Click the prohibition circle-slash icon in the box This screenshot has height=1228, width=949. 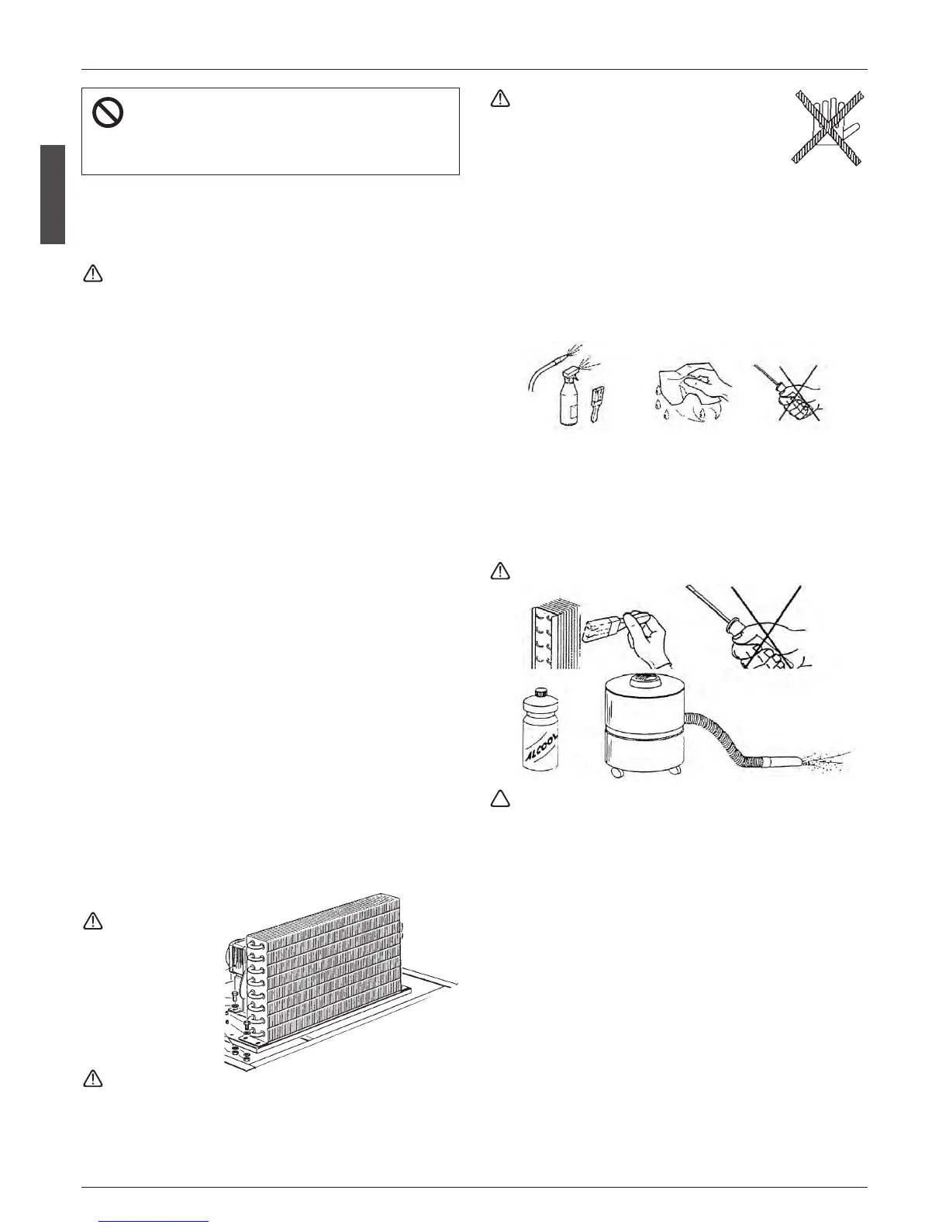pyautogui.click(x=108, y=115)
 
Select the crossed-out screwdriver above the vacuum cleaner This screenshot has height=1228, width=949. pyautogui.click(x=760, y=628)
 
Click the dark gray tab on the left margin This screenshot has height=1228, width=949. pyautogui.click(x=52, y=194)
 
